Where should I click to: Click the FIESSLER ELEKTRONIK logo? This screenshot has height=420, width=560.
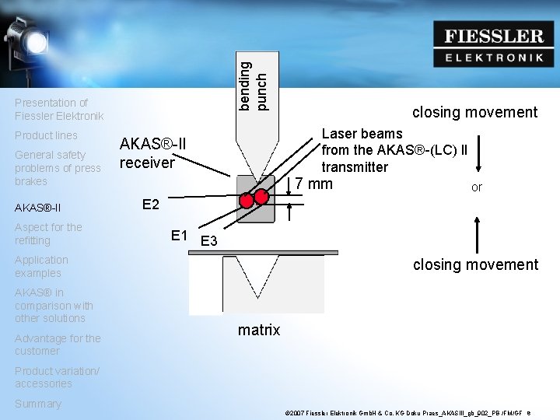point(494,44)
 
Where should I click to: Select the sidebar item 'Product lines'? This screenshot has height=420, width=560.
point(46,135)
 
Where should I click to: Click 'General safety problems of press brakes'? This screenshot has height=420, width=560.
point(58,168)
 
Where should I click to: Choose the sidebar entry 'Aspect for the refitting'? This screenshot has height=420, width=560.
point(48,233)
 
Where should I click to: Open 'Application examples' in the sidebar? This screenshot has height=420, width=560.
point(41,266)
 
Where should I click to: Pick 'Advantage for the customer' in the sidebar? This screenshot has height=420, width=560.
point(58,345)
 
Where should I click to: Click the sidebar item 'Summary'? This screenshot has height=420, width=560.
point(37,404)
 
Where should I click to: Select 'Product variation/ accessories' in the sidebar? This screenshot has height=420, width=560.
point(57,377)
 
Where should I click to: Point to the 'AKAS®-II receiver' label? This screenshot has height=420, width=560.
point(152,152)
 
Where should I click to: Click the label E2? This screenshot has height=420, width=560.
point(151,205)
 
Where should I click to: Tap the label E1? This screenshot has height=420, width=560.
point(179,235)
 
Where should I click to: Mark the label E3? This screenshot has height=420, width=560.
point(208,242)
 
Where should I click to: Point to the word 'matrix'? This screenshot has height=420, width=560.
point(259,330)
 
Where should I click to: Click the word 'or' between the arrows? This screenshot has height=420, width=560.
point(477,187)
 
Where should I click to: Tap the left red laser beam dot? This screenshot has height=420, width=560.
point(247,201)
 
